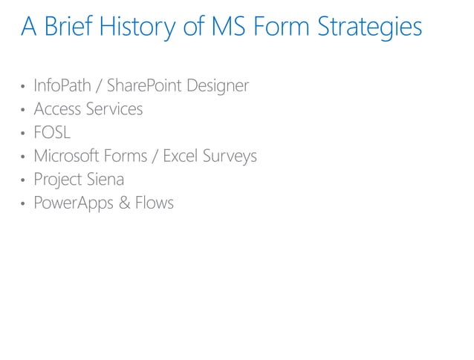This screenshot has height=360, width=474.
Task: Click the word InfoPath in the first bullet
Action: [62, 86]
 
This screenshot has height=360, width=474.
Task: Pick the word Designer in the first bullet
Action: [217, 86]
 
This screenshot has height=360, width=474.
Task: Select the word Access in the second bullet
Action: [57, 109]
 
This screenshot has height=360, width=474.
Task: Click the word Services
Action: [114, 109]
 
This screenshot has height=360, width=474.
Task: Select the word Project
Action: [58, 180]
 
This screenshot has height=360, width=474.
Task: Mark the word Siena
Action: [105, 179]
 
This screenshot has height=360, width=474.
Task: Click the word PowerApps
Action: [72, 203]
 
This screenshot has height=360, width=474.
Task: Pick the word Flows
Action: [155, 203]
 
